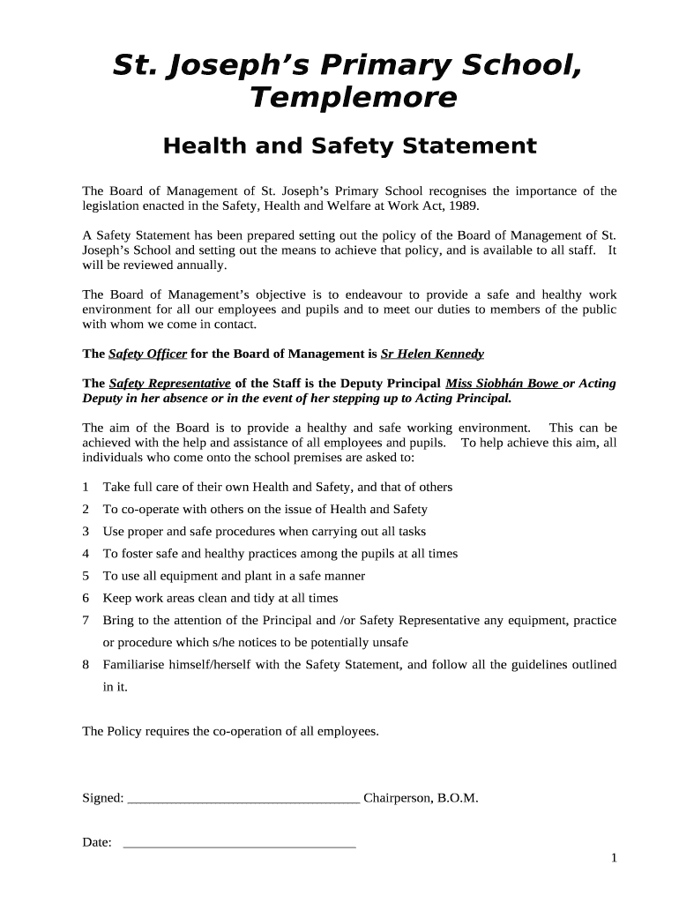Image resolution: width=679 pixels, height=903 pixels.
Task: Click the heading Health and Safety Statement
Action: click(349, 146)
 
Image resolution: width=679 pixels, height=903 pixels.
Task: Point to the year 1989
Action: click(465, 205)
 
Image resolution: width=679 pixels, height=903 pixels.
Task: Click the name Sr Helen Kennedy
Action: click(432, 354)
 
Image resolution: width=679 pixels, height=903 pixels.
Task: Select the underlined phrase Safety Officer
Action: click(147, 354)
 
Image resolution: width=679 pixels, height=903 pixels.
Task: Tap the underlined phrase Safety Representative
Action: click(169, 384)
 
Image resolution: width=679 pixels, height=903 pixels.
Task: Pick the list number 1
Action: click(86, 487)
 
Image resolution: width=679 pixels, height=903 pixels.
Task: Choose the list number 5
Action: click(86, 576)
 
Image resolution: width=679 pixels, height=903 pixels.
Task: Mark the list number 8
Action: click(86, 665)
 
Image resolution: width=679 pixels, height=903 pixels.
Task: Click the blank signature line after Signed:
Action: click(243, 800)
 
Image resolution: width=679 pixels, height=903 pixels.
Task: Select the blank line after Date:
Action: click(239, 844)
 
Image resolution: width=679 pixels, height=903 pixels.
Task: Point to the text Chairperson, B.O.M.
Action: click(421, 798)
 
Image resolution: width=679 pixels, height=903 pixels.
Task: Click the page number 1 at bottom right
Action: click(613, 859)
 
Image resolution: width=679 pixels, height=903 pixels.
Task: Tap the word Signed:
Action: click(102, 798)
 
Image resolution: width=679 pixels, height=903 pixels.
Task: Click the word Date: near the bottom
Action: click(97, 842)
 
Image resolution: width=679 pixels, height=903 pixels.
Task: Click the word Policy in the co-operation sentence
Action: click(127, 731)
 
